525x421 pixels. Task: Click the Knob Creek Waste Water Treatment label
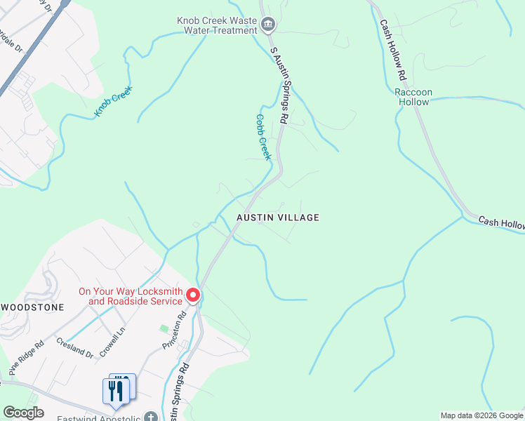coord(217,25)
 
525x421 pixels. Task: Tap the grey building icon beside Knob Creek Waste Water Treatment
coord(267,26)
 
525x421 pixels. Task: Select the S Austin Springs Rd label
coord(279,86)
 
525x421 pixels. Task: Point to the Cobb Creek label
coord(262,138)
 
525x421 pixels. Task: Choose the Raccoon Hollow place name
coord(413,97)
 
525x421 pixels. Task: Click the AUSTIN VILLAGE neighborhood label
coord(277,218)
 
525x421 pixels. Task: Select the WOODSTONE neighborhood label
coord(33,307)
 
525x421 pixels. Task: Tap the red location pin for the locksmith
coord(193,296)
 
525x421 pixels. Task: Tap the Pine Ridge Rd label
coord(25,355)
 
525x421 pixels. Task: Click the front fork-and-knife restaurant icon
coord(114,392)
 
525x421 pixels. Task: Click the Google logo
coord(23,413)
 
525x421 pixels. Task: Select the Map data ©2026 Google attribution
coord(481,415)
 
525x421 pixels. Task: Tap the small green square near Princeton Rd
coord(164,328)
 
